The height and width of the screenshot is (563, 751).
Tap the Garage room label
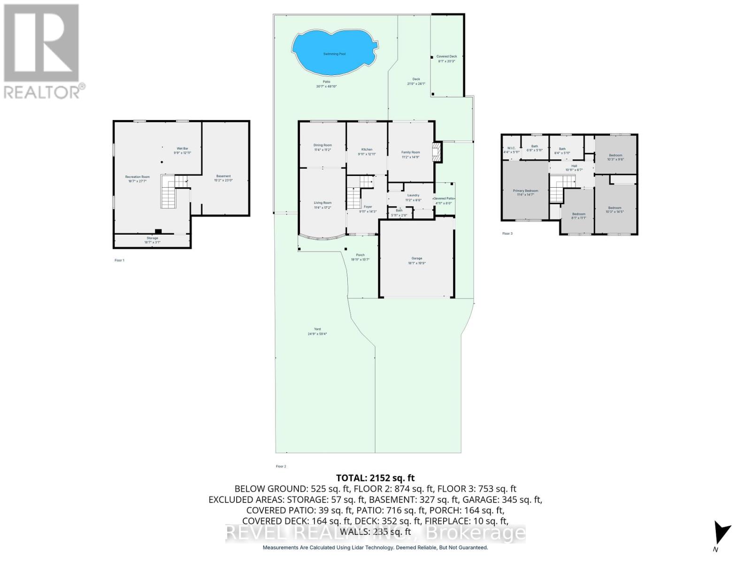point(417,259)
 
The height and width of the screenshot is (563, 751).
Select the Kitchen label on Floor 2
point(367,150)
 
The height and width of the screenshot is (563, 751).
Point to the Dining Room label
point(322,145)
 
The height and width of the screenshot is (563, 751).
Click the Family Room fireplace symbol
point(437,152)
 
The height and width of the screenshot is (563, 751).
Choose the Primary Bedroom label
point(525,191)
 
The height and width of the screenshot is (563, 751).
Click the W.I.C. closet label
point(511,148)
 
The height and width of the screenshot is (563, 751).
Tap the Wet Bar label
point(182,149)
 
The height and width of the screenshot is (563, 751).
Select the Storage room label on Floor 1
point(152,238)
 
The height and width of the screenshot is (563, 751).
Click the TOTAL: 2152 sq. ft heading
point(375,478)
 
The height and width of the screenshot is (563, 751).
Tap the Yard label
point(317,329)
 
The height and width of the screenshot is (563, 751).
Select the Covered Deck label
point(446,56)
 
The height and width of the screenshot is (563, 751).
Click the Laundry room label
point(413,195)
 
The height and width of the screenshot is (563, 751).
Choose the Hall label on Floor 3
point(574,166)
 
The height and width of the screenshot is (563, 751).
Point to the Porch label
point(360,255)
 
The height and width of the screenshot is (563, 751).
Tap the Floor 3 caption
point(507,233)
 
